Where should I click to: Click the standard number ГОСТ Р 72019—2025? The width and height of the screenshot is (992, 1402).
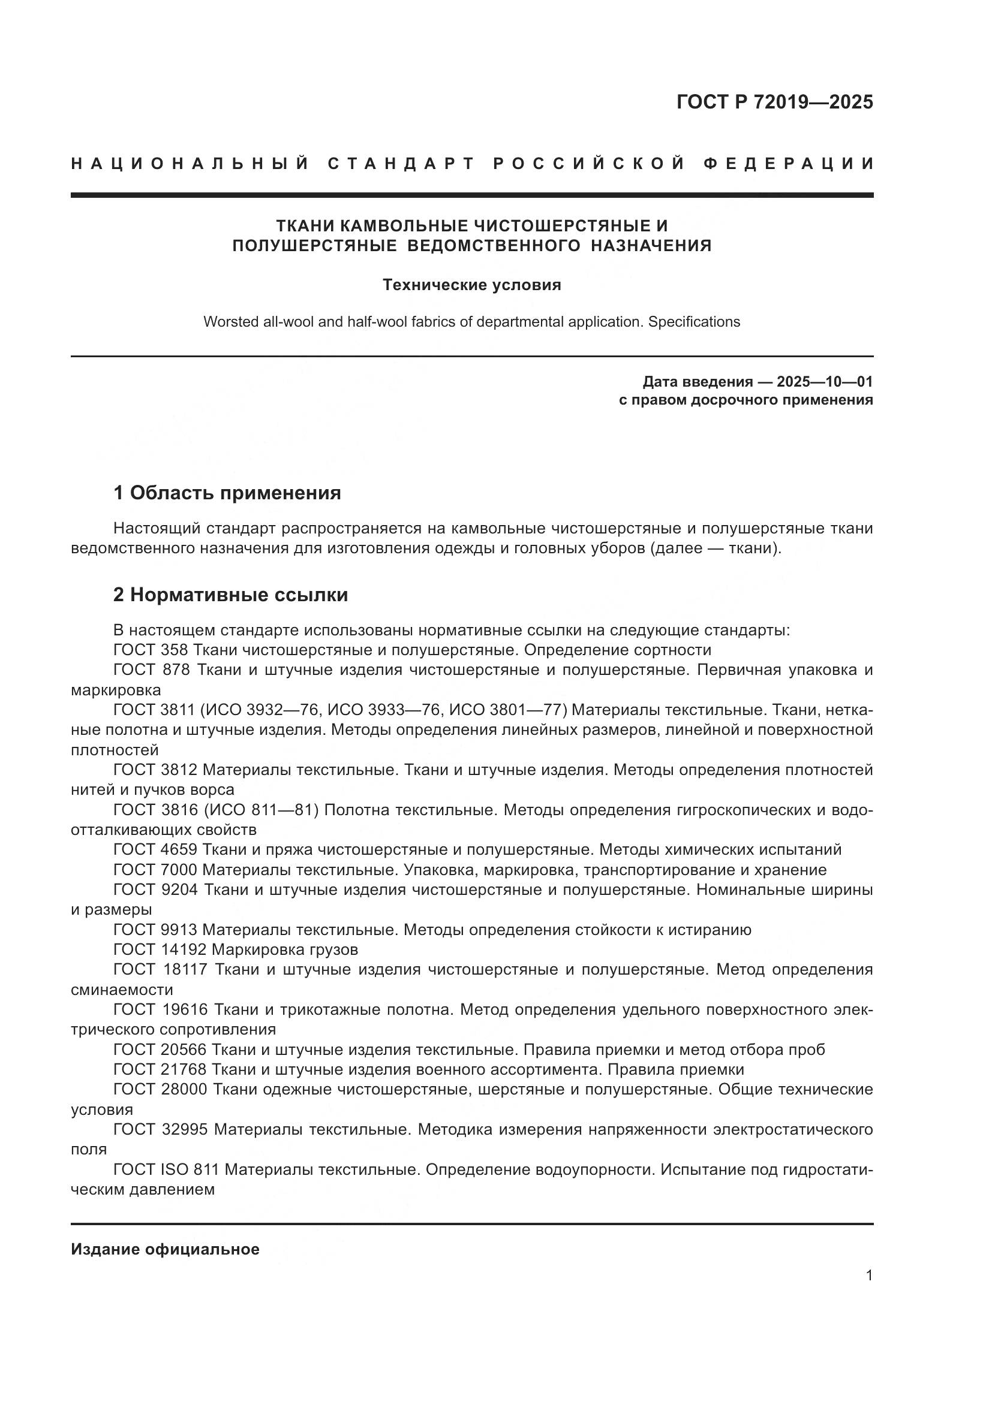(x=774, y=102)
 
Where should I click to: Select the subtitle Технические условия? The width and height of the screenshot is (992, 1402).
(x=471, y=285)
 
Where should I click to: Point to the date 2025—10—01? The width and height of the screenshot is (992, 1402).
(x=824, y=382)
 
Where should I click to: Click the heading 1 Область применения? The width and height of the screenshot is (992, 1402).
(x=227, y=493)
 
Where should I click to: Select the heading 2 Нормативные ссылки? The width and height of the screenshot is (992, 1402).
(x=231, y=595)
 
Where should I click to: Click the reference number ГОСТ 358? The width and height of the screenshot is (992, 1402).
(x=151, y=650)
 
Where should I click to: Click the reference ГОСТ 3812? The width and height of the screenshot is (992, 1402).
(x=155, y=770)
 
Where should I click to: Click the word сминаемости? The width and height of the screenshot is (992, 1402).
(x=122, y=990)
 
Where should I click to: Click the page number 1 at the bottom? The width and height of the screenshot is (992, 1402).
(x=869, y=1276)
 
